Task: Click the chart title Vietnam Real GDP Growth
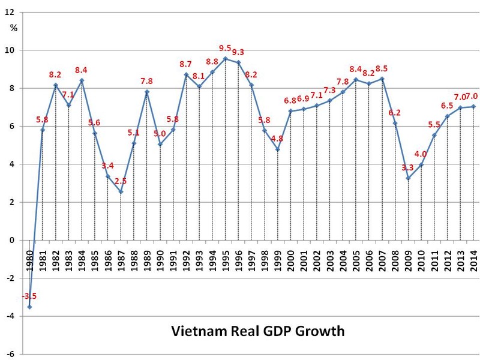click(258, 331)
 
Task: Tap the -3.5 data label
click(29, 296)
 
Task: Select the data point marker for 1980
click(29, 307)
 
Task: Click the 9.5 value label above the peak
click(226, 49)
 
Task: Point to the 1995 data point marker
click(225, 59)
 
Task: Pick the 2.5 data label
click(122, 181)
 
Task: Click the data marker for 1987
click(121, 192)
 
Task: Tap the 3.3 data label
click(408, 167)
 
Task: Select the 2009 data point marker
click(408, 178)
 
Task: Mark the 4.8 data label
click(278, 139)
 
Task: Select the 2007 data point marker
click(382, 79)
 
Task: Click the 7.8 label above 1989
click(148, 82)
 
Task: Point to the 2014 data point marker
click(474, 107)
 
